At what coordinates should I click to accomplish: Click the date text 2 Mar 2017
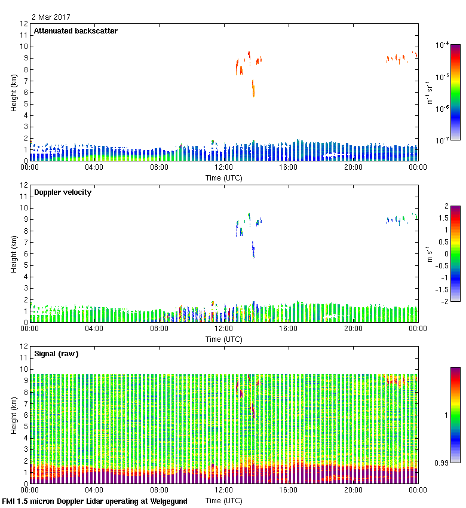pyautogui.click(x=51, y=17)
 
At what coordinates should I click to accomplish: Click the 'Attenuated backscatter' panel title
pyautogui.click(x=75, y=31)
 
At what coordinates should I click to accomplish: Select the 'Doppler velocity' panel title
pyautogui.click(x=63, y=192)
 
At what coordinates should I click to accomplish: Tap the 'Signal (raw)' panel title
pyautogui.click(x=56, y=354)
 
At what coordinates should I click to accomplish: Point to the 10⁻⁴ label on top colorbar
pyautogui.click(x=442, y=45)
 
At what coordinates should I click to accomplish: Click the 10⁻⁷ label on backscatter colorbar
pyautogui.click(x=442, y=140)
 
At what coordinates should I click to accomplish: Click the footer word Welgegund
pyautogui.click(x=167, y=501)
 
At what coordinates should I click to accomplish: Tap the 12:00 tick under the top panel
pyautogui.click(x=224, y=167)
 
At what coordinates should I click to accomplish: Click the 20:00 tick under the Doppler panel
pyautogui.click(x=353, y=329)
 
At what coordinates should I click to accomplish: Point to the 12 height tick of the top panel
pyautogui.click(x=24, y=24)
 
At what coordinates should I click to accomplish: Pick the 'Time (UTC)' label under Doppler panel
pyautogui.click(x=224, y=339)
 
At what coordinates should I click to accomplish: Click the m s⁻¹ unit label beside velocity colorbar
pyautogui.click(x=428, y=253)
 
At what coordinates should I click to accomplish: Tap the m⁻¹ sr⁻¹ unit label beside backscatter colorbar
pyautogui.click(x=428, y=93)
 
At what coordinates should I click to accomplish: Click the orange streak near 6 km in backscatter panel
pyautogui.click(x=253, y=88)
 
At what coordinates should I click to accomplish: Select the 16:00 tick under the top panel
pyautogui.click(x=289, y=167)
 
